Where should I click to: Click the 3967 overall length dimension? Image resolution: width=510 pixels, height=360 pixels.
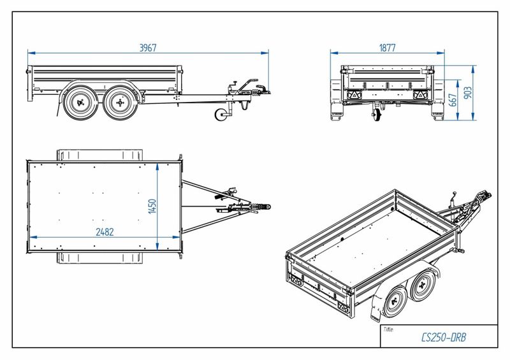[147, 47]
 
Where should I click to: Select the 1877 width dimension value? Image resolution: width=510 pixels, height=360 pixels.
[387, 47]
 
